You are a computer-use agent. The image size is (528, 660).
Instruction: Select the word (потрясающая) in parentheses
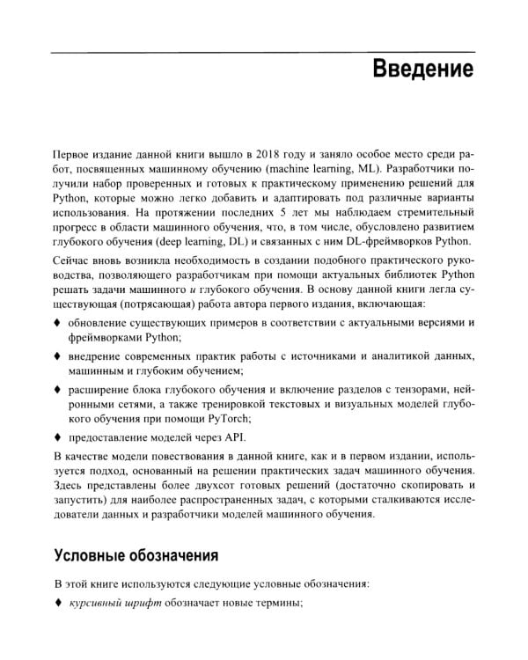[x=145, y=304]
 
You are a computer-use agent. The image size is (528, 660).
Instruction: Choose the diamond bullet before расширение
[x=57, y=388]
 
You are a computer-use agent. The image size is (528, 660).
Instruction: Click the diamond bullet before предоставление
[x=57, y=436]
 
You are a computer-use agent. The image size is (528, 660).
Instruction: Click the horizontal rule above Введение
[x=263, y=51]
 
